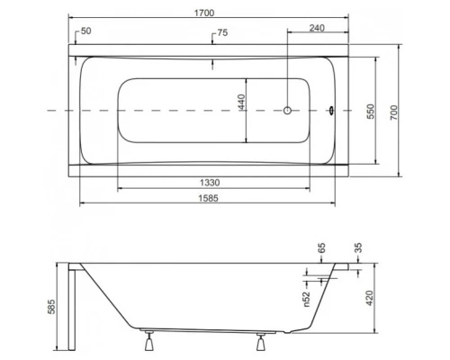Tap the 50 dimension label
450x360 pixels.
click(x=86, y=31)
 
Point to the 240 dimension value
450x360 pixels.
click(x=316, y=28)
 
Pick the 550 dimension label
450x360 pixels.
click(x=369, y=110)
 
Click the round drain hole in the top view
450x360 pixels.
click(x=287, y=111)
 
